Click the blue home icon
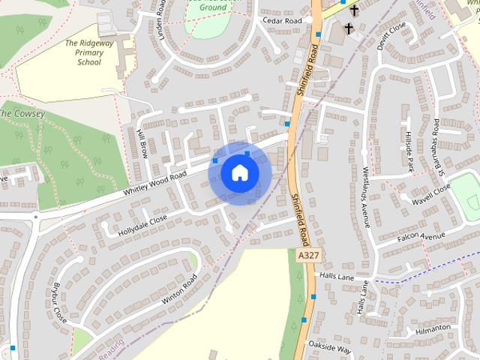pos(239,173)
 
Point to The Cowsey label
pos(22,113)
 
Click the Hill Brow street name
pos(142,142)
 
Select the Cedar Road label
pos(283,21)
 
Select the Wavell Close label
pos(430,194)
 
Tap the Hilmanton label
pos(433,328)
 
